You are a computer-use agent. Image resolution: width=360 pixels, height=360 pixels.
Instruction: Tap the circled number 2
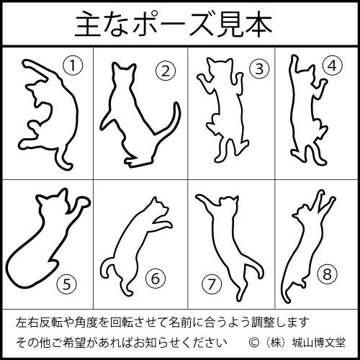tap(166, 70)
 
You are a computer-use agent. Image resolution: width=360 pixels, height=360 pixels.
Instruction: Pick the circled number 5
tap(66, 282)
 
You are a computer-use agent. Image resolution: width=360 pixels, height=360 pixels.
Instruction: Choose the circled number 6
tap(156, 277)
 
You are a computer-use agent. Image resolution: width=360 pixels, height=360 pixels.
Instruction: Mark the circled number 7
tap(211, 284)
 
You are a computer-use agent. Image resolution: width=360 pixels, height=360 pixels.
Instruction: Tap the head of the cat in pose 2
tap(124, 73)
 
